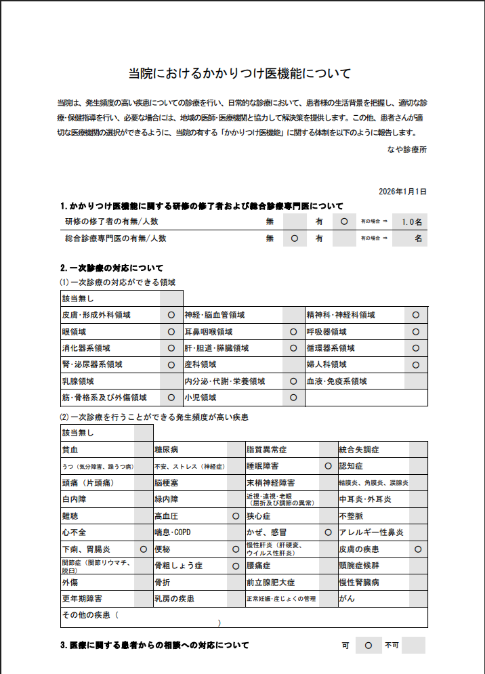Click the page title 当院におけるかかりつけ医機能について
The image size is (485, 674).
[240, 72]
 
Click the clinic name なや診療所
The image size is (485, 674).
[407, 149]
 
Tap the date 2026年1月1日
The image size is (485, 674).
[403, 192]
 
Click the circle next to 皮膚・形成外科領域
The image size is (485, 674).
[171, 315]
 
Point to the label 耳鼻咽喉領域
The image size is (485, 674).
[209, 332]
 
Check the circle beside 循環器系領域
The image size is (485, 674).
[415, 348]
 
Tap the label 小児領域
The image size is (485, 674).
[199, 398]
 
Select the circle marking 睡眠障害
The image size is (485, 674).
[328, 466]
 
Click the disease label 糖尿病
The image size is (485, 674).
[167, 449]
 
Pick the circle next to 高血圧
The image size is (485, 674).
[236, 516]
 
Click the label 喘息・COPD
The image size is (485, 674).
[173, 532]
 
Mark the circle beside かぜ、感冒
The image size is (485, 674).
[328, 532]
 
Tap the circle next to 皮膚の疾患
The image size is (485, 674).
[418, 549]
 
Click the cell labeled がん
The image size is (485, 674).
[347, 599]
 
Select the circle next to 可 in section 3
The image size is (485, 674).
[368, 646]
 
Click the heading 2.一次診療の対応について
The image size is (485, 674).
[111, 268]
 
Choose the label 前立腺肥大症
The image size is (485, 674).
[271, 582]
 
